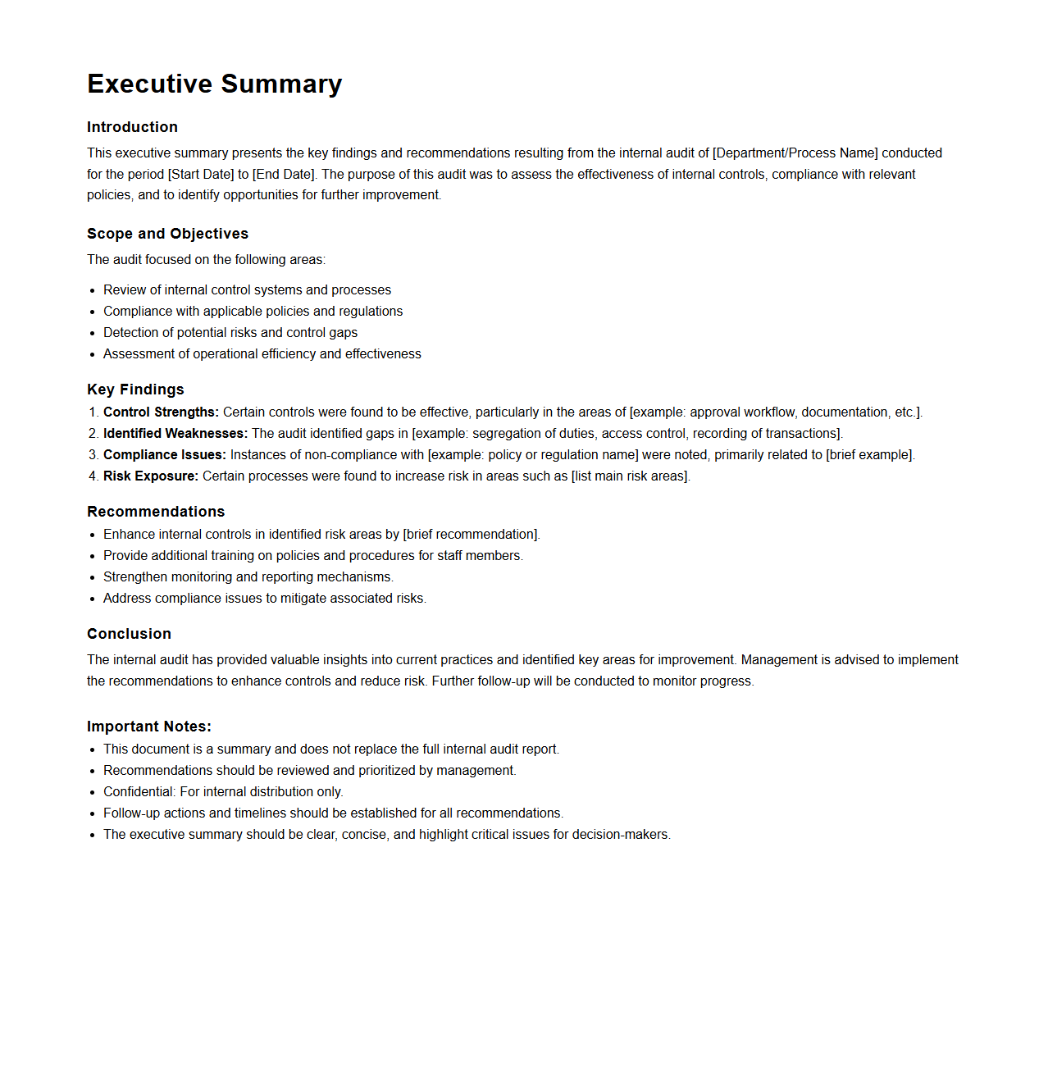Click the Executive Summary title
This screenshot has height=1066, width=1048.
tap(214, 84)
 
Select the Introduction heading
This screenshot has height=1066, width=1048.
tap(132, 127)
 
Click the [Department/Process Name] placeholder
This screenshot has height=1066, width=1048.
tap(795, 153)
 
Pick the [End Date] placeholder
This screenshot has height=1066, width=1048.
tap(284, 175)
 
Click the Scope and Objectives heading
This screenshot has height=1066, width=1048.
tap(167, 234)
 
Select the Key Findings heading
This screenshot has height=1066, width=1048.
tap(135, 389)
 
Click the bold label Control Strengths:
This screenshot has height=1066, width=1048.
tap(161, 412)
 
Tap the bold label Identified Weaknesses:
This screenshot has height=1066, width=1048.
tap(175, 434)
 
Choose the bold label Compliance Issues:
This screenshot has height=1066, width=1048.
tap(164, 455)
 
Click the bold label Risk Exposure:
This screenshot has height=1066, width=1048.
tap(150, 476)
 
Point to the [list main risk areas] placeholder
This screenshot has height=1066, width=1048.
tap(631, 476)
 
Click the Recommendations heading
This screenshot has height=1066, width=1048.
tap(156, 512)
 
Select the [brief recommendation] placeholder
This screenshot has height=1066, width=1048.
tap(471, 535)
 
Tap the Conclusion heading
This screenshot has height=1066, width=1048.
tap(129, 634)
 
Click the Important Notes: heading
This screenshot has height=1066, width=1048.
tap(149, 727)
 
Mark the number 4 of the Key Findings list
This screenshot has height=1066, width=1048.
tap(93, 476)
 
